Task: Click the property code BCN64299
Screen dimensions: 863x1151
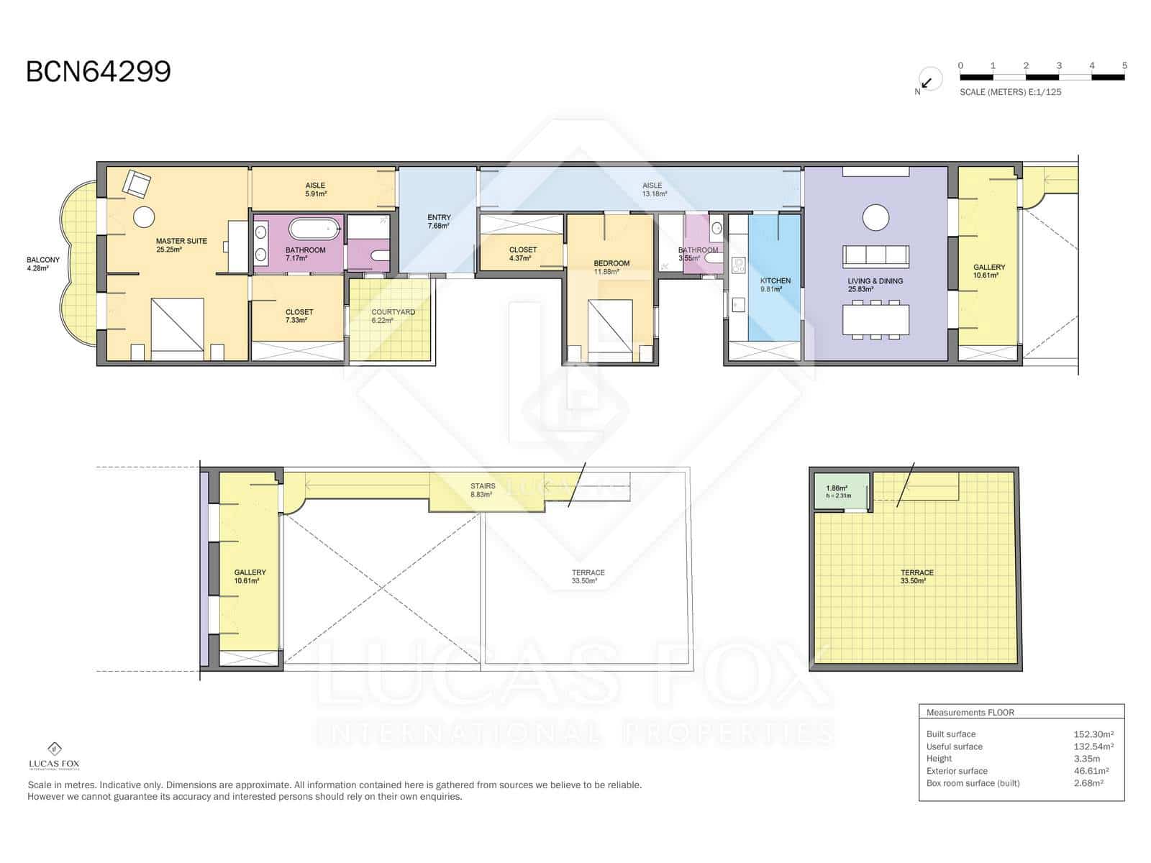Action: pyautogui.click(x=99, y=72)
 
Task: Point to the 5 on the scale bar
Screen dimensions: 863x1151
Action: pyautogui.click(x=1124, y=65)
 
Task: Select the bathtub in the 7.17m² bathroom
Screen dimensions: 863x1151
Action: pyautogui.click(x=314, y=229)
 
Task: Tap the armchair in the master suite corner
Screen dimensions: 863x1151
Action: pyautogui.click(x=136, y=183)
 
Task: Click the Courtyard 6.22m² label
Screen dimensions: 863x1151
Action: pyautogui.click(x=393, y=316)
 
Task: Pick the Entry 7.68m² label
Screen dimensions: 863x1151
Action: pyautogui.click(x=439, y=222)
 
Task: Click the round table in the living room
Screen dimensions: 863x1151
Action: pyautogui.click(x=875, y=217)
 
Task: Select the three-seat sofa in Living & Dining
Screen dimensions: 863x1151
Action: pyautogui.click(x=875, y=255)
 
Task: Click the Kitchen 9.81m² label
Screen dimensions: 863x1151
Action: pyautogui.click(x=775, y=285)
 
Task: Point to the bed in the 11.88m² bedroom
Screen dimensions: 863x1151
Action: pyautogui.click(x=610, y=325)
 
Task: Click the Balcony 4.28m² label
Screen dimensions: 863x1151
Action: pyautogui.click(x=43, y=264)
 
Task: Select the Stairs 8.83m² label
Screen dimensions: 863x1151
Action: pyautogui.click(x=483, y=490)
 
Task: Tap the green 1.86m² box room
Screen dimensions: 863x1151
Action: pyautogui.click(x=840, y=490)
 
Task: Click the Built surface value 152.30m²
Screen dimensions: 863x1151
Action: pyautogui.click(x=1093, y=734)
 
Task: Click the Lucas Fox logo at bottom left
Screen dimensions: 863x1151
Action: pyautogui.click(x=54, y=756)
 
